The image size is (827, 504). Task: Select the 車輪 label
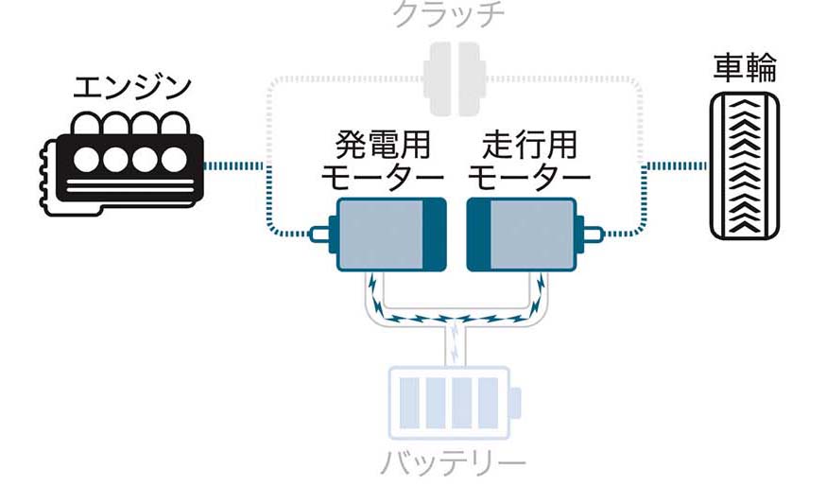[x=744, y=68]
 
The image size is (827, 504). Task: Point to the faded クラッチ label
[x=449, y=13]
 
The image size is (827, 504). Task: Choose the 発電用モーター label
[x=382, y=162]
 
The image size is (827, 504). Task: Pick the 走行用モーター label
[x=528, y=162]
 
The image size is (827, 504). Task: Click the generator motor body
[x=378, y=234]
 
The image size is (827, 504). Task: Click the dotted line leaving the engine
[x=236, y=166]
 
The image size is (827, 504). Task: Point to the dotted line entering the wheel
[x=675, y=166]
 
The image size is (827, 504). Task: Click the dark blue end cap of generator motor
[x=434, y=234]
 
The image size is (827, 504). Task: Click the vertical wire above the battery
[x=455, y=345]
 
